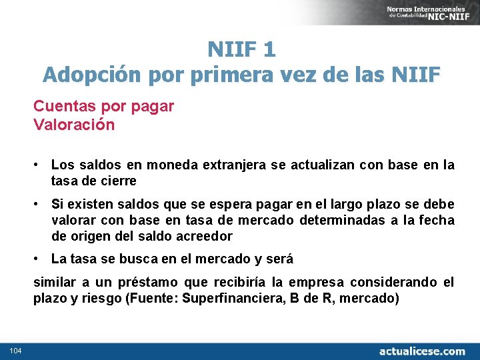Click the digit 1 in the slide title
point(269,49)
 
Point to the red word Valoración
point(74,125)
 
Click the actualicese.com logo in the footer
point(422,351)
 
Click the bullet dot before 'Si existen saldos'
point(41,204)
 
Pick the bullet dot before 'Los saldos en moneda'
point(41,165)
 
